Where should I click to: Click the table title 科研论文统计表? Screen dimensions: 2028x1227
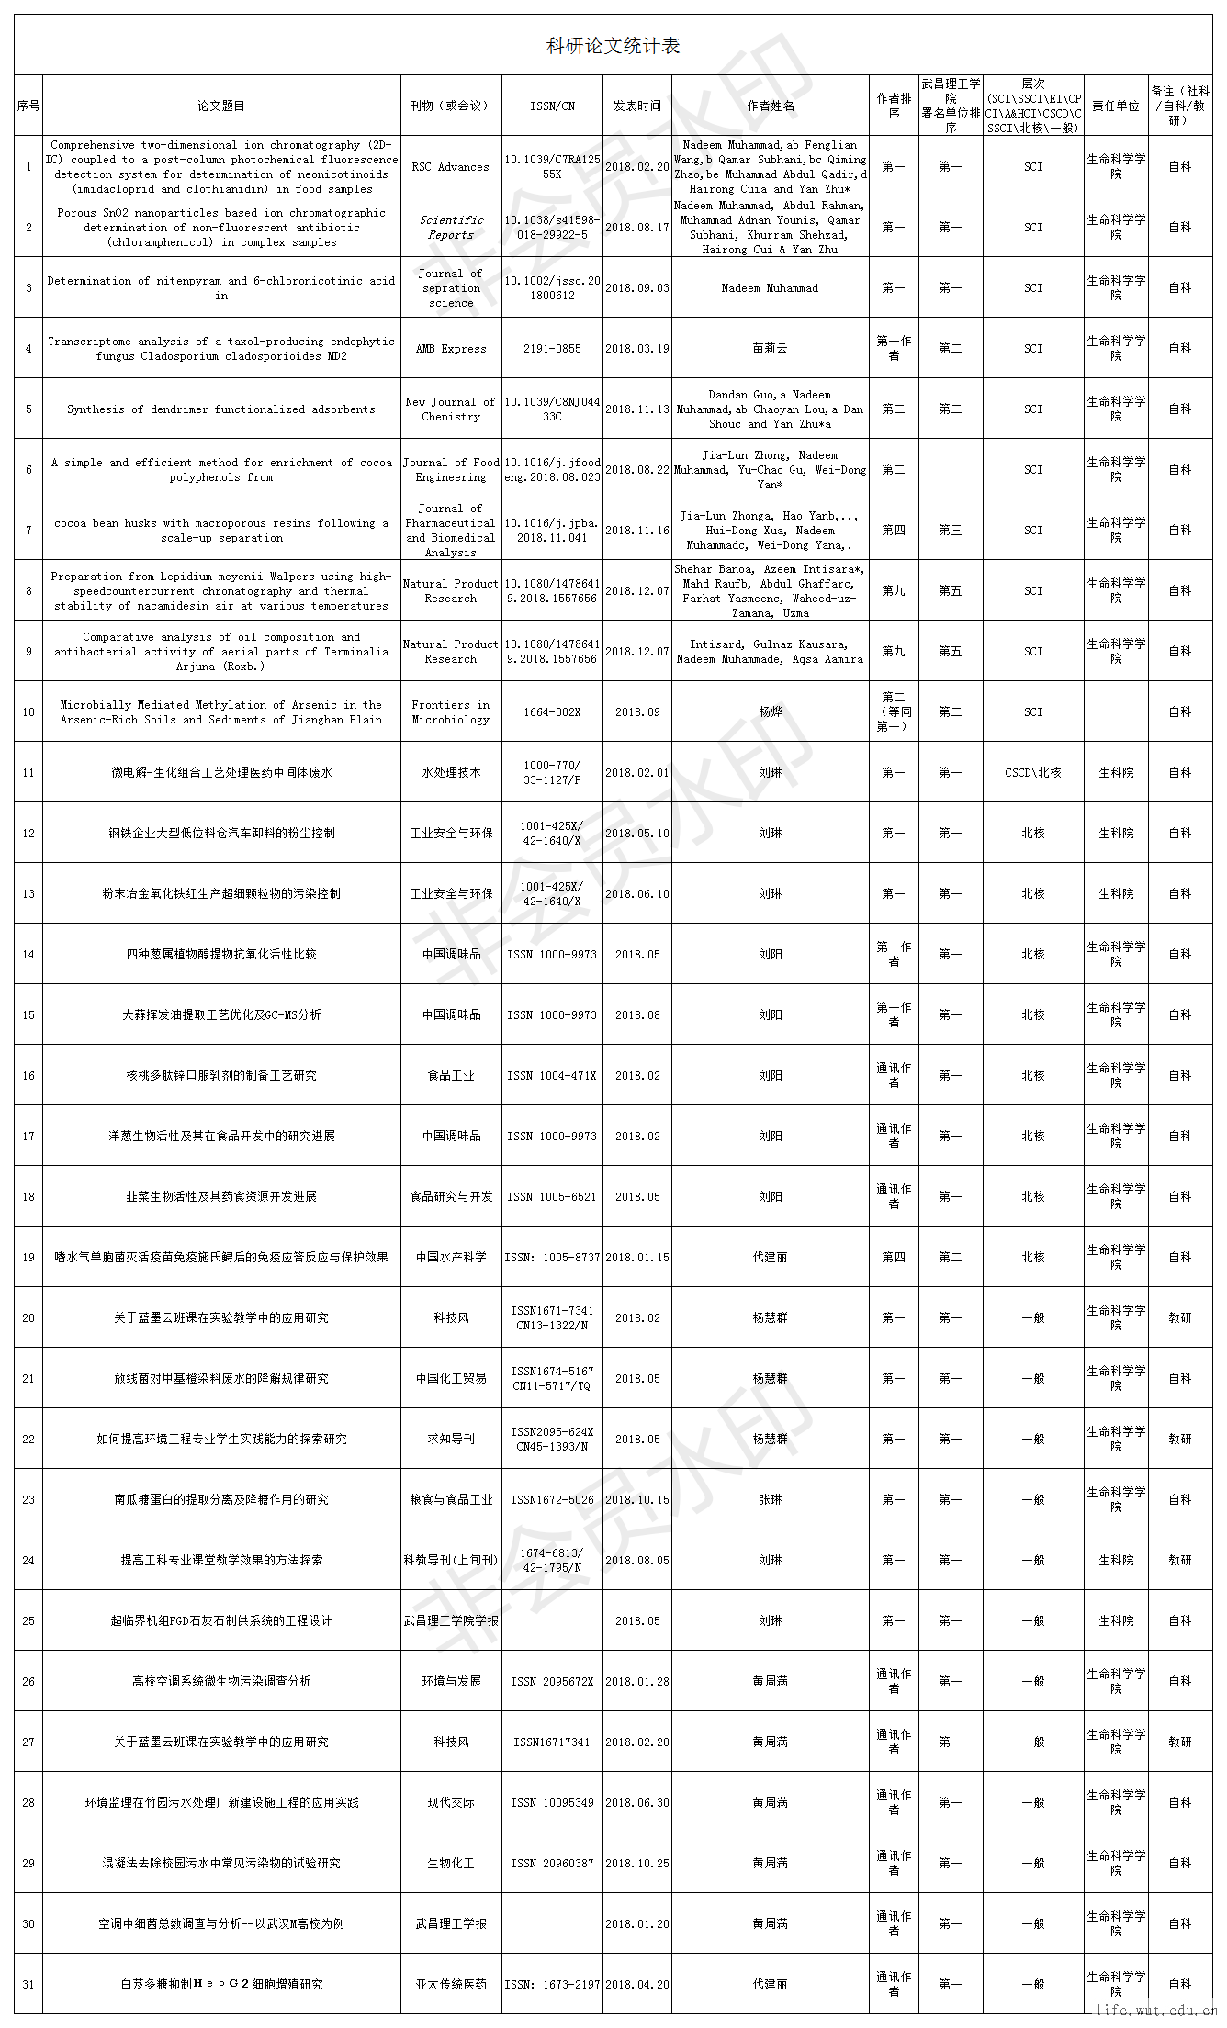coord(613,46)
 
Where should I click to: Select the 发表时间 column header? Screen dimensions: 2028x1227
coord(637,106)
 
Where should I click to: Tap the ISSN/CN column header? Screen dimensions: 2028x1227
coord(552,106)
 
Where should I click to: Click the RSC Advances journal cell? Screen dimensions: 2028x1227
coord(451,167)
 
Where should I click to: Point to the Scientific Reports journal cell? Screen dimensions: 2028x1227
coord(451,228)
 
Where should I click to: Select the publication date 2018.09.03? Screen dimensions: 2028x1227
coord(637,288)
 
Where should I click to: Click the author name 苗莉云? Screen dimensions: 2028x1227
coord(770,349)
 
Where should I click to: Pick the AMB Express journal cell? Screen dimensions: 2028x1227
coord(451,349)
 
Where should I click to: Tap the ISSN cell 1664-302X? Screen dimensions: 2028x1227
coord(552,712)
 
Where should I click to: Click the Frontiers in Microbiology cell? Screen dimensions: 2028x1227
coord(451,712)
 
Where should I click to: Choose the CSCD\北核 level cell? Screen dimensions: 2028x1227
coord(1033,773)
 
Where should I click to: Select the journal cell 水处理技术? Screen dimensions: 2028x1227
coord(451,773)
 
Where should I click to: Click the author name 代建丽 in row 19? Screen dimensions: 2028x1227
coord(770,1258)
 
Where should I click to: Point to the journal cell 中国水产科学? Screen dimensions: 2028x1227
coord(451,1258)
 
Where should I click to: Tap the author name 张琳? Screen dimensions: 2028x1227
coord(770,1500)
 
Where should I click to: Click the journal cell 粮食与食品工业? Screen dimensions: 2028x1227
coord(451,1500)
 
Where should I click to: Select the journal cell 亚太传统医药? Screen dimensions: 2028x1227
coord(451,1985)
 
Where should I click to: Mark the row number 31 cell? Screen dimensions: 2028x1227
coord(28,1985)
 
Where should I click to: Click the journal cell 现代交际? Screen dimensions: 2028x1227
coord(451,1803)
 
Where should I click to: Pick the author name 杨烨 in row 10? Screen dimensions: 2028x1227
coord(770,712)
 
